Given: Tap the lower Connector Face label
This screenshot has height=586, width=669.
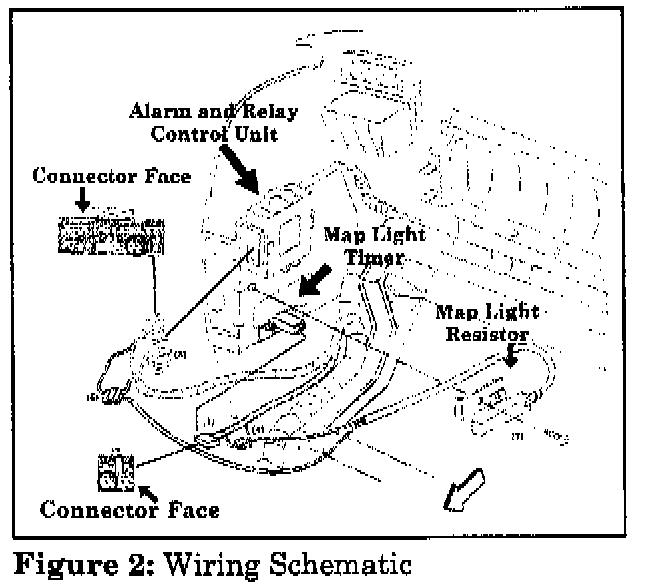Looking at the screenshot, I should click(130, 511).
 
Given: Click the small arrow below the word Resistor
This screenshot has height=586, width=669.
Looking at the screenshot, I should click(512, 355).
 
